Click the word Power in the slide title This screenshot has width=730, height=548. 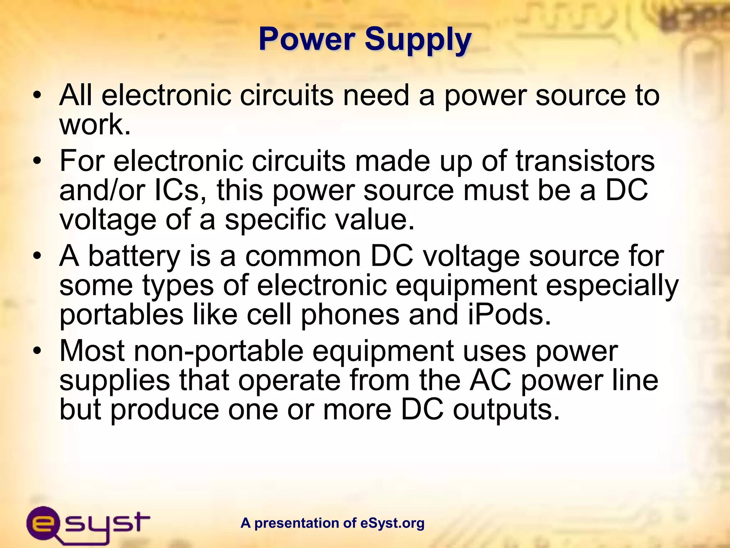point(307,39)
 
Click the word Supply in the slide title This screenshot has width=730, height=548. point(418,40)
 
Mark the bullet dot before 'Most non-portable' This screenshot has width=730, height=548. point(37,351)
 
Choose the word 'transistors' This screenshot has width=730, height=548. point(585,161)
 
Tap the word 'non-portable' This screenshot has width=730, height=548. point(219,351)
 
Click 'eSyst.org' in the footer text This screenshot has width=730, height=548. point(392,523)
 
